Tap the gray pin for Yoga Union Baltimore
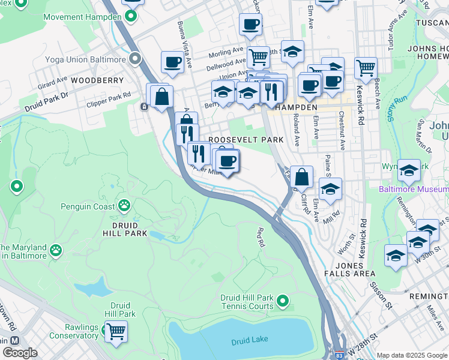136,59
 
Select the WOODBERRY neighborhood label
97,80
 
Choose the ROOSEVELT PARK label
246,139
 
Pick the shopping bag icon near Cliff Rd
302,176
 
